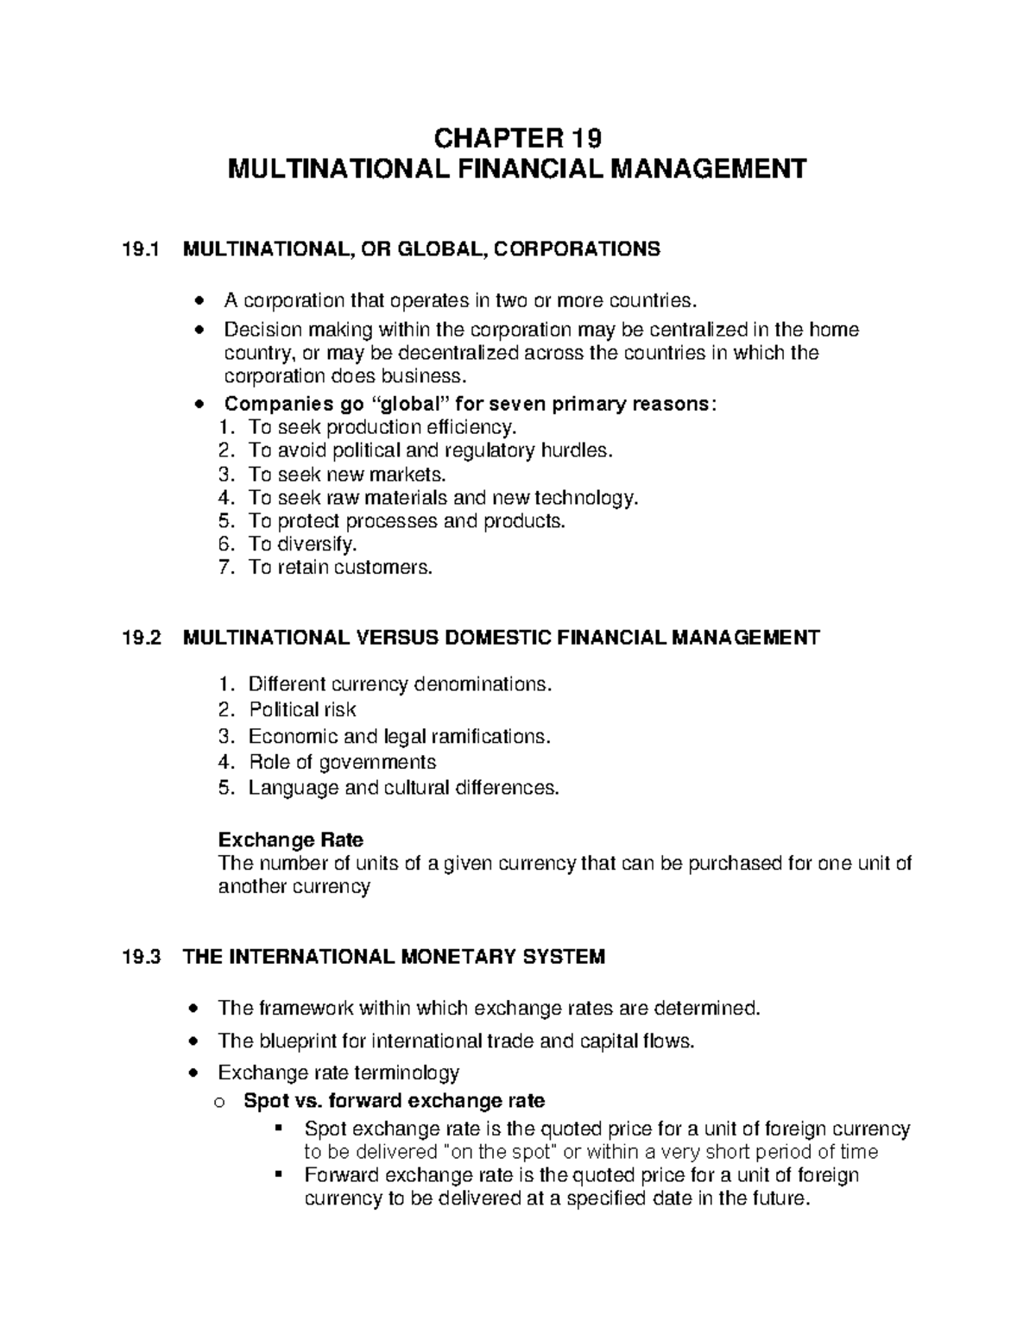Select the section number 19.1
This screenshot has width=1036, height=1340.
[142, 249]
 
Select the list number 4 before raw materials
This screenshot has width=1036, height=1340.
[225, 498]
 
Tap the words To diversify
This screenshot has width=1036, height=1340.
[301, 544]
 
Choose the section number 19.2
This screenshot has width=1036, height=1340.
[142, 638]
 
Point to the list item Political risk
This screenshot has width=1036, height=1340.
[302, 710]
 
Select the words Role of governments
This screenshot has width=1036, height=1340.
[342, 762]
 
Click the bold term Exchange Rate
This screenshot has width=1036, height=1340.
[290, 840]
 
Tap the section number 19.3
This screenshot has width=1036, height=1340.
[142, 957]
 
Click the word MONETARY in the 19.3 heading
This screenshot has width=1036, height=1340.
[457, 957]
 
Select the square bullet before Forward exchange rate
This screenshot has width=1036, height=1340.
[278, 1174]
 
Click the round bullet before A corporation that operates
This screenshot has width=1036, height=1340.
[200, 301]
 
